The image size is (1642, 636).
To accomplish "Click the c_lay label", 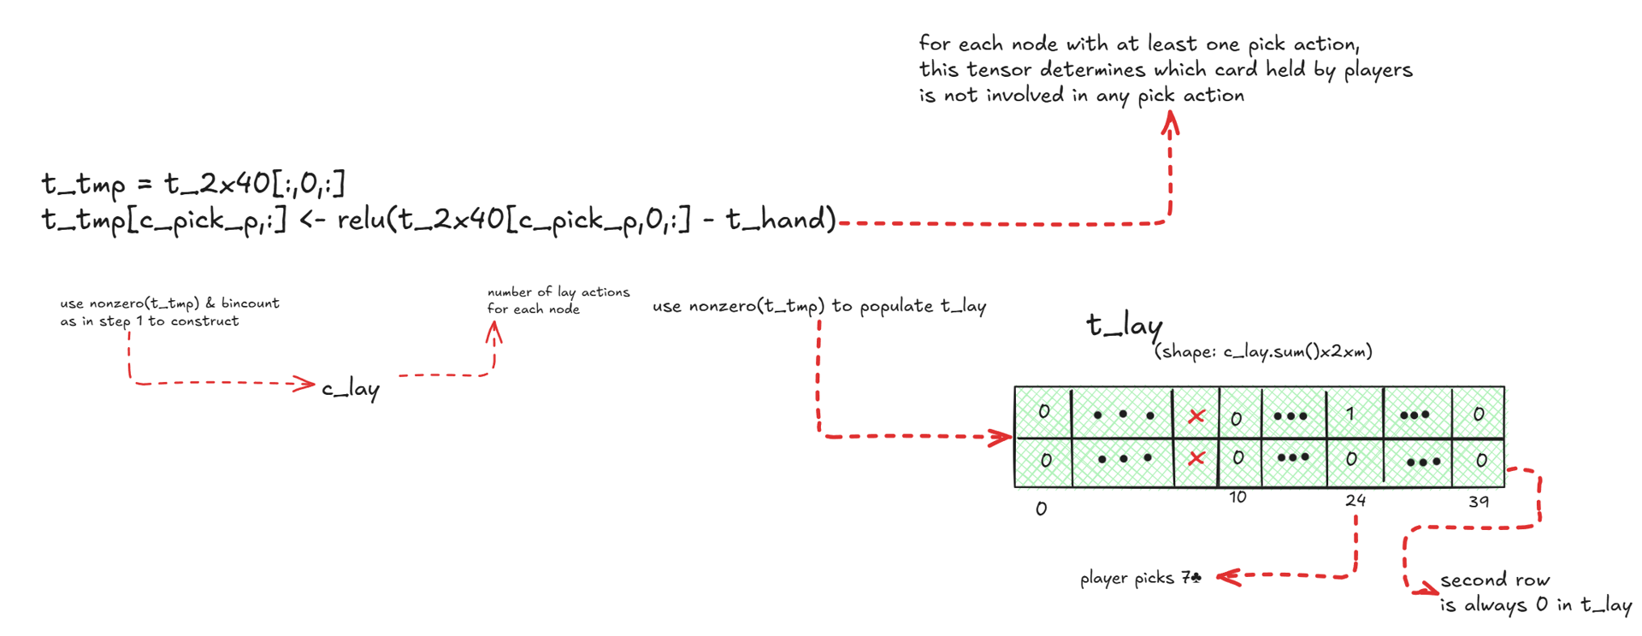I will (x=351, y=389).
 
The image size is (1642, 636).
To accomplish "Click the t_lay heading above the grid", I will (x=1124, y=326).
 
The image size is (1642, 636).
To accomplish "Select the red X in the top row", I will (x=1196, y=416).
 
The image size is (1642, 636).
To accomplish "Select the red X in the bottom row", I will (x=1196, y=459).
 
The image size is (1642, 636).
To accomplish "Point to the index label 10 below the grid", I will (x=1237, y=498).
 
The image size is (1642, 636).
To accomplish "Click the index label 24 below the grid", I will (x=1356, y=500).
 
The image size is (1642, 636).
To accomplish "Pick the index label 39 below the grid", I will (x=1480, y=501).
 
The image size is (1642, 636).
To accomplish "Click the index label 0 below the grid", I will (x=1041, y=509).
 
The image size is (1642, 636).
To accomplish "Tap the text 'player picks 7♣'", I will (x=1140, y=579).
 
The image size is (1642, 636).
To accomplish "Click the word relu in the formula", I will (x=360, y=221).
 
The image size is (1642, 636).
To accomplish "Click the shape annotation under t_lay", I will (x=1263, y=351).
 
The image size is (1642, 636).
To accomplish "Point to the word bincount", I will (x=250, y=303).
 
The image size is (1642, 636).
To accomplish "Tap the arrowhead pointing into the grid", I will (x=1001, y=438).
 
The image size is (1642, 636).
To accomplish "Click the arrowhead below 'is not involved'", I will (x=1170, y=124).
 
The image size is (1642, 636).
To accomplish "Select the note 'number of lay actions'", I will (x=558, y=292).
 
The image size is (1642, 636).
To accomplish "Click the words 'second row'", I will (x=1495, y=580).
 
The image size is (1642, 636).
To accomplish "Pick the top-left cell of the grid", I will (x=1043, y=412).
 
